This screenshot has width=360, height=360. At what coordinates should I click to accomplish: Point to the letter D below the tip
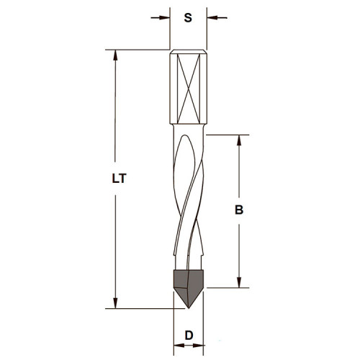[188, 336]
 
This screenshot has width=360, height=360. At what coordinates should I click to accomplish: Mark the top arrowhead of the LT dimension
[114, 55]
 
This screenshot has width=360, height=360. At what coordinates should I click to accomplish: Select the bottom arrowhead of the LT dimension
[114, 304]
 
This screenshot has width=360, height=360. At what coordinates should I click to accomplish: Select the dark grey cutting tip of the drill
[188, 284]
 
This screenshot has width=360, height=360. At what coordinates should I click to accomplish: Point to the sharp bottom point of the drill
[189, 308]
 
